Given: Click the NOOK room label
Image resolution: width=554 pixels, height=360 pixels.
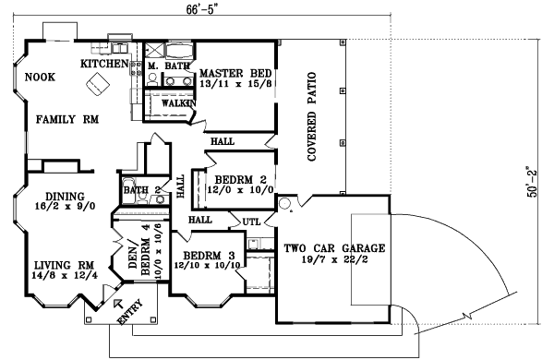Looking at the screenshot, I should tap(41, 78).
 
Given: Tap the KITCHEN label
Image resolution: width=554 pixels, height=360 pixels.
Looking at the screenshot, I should tap(103, 64).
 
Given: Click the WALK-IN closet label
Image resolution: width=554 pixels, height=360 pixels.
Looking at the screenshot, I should tap(177, 103).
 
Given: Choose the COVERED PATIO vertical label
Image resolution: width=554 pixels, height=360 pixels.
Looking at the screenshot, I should tap(311, 116).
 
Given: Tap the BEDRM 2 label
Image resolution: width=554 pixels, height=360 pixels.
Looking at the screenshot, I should tap(240, 179).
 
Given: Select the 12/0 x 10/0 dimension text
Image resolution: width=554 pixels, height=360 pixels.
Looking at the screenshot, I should tap(240, 191).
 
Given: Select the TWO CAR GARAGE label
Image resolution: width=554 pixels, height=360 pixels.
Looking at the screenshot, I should tap(334, 248).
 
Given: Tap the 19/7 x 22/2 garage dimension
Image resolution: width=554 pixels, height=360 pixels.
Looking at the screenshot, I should tap(334, 260).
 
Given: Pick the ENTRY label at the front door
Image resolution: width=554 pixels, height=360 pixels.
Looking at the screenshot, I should tap(131, 315).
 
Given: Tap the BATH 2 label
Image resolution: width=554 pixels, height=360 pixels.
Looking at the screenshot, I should tap(142, 191).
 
